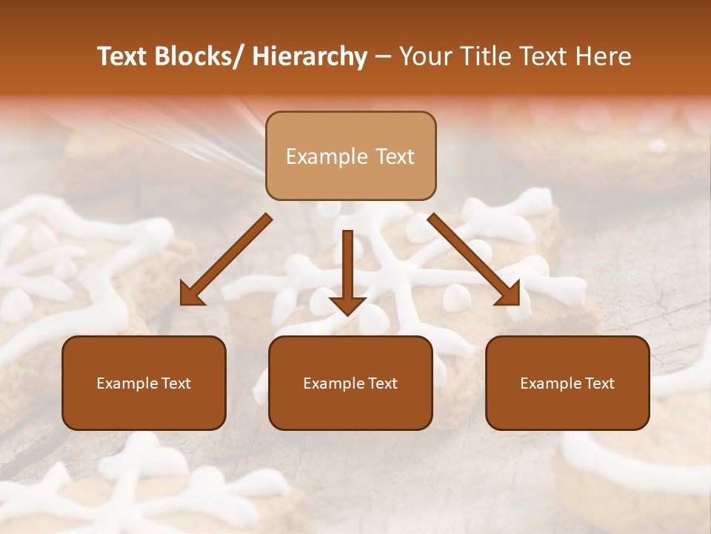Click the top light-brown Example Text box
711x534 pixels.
350,156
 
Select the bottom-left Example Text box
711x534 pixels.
144,383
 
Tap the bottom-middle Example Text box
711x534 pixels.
350,383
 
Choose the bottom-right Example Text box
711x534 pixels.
567,383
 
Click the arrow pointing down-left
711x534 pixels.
226,260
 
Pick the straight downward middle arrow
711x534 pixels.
347,271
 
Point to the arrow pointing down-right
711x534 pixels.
474,260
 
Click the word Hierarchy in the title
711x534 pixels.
310,56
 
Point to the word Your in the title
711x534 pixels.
424,56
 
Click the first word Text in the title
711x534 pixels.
124,56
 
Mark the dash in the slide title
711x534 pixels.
383,56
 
